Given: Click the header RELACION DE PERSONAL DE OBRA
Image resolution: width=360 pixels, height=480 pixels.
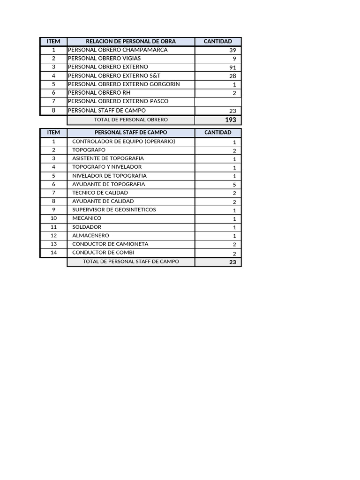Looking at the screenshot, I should pos(131,41).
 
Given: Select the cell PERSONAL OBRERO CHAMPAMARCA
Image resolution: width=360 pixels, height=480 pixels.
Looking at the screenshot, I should pos(118,50).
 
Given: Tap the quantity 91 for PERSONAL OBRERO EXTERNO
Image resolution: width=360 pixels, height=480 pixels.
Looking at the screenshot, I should pos(233,67).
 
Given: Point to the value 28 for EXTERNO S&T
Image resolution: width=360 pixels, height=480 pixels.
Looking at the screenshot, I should pos(233,76).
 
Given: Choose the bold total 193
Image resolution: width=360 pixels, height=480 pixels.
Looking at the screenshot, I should pos(230,120).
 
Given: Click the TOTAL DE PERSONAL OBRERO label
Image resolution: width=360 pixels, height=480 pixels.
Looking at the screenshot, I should pos(131,120).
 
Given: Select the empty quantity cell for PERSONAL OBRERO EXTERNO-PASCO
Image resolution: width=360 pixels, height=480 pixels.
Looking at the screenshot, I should pos(218,102).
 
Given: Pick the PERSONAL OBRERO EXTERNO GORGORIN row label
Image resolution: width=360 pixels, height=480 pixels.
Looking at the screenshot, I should pos(124,84).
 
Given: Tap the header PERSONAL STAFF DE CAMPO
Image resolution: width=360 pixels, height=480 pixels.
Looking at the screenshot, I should pos(131,133).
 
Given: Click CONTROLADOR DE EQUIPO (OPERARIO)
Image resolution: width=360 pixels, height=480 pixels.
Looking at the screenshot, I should pos(124,142).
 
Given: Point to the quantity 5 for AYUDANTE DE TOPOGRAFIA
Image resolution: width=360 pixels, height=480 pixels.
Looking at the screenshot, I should pos(234,185).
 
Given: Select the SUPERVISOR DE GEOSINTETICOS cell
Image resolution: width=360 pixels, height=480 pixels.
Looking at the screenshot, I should pos(114,210).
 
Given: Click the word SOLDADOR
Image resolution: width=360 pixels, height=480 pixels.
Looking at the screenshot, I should pos(87,227).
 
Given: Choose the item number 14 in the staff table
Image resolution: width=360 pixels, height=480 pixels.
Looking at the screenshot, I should pos(53,253).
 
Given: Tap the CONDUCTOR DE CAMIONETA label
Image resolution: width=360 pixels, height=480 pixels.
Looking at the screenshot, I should pos(110,244).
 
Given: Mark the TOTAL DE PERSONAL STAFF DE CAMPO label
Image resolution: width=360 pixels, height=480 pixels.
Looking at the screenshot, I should pos(131,262).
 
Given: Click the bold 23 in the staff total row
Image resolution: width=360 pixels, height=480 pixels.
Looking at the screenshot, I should pos(232,262).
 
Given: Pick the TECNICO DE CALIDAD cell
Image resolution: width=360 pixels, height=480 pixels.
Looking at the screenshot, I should pos(100,193).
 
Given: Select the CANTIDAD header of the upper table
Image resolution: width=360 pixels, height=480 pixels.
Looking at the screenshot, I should pos(218,41).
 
